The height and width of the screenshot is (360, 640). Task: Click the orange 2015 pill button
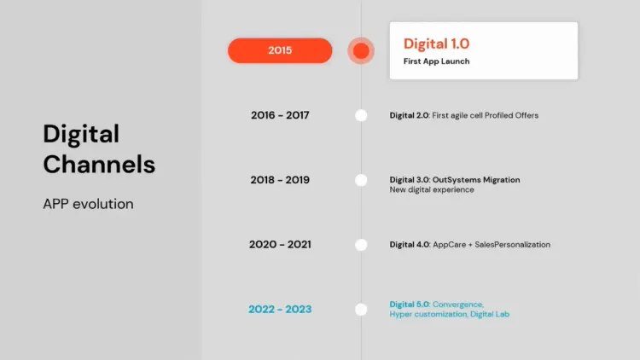pyautogui.click(x=280, y=50)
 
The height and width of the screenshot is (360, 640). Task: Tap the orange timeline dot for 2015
pyautogui.click(x=361, y=51)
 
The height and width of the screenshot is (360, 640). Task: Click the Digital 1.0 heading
pyautogui.click(x=436, y=44)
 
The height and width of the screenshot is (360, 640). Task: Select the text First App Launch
pyautogui.click(x=436, y=61)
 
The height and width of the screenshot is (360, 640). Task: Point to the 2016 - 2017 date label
pyautogui.click(x=280, y=115)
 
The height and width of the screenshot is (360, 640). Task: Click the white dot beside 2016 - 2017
pyautogui.click(x=361, y=115)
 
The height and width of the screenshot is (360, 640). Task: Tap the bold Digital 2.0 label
pyautogui.click(x=409, y=115)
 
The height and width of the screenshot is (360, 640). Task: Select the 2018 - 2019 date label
pyautogui.click(x=280, y=180)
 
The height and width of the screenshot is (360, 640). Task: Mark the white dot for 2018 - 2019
pyautogui.click(x=361, y=180)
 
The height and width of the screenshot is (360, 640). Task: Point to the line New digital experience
pyautogui.click(x=432, y=189)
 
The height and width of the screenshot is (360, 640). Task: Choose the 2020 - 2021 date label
pyautogui.click(x=280, y=245)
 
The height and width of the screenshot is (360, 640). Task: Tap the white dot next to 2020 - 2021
pyautogui.click(x=361, y=245)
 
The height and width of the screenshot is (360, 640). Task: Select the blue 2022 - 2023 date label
pyautogui.click(x=280, y=309)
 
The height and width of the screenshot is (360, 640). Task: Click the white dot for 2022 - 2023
pyautogui.click(x=361, y=309)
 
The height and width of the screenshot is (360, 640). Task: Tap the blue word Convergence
pyautogui.click(x=457, y=305)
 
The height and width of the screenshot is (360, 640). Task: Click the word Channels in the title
pyautogui.click(x=99, y=164)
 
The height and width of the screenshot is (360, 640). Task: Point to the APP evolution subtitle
pyautogui.click(x=88, y=205)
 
